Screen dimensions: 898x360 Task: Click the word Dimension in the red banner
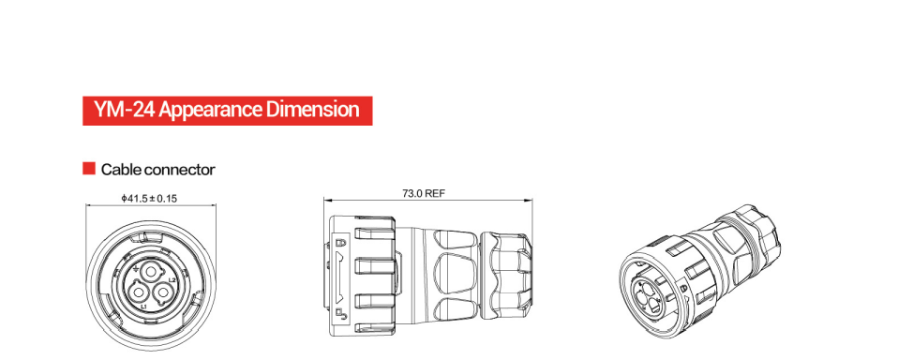pos(313,110)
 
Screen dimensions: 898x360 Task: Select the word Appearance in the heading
pos(210,111)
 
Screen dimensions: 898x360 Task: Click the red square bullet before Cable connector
pos(89,168)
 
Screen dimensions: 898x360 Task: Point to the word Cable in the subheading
pos(121,170)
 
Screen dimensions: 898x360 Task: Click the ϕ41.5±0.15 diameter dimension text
pos(149,198)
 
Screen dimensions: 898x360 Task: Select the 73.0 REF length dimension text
pos(424,193)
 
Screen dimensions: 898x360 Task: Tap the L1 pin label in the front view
pos(144,307)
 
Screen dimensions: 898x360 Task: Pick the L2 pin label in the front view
pos(172,280)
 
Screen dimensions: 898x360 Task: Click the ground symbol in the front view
pos(134,267)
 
